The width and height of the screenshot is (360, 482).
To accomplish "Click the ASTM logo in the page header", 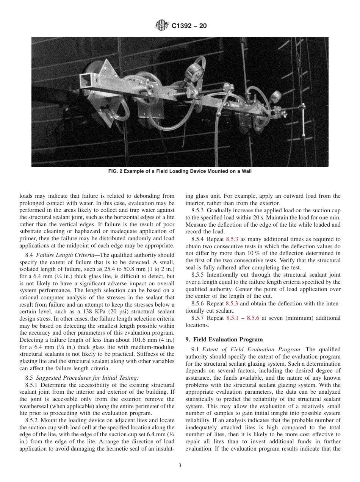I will pos(161,26).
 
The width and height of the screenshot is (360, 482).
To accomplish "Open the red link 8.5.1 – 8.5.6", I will pos(243,318).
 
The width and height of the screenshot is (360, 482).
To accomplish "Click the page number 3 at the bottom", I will pos(180,466).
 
